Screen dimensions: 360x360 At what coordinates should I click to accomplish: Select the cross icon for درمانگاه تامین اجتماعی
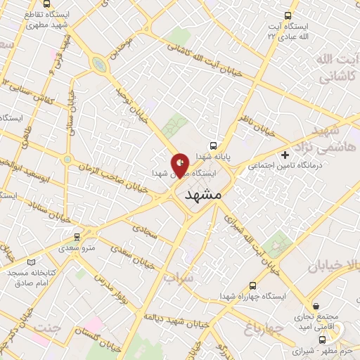coord(285,154)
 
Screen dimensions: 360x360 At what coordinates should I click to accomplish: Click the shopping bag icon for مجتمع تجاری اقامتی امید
coord(317,307)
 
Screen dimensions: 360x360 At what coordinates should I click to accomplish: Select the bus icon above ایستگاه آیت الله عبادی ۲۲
coord(287,15)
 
